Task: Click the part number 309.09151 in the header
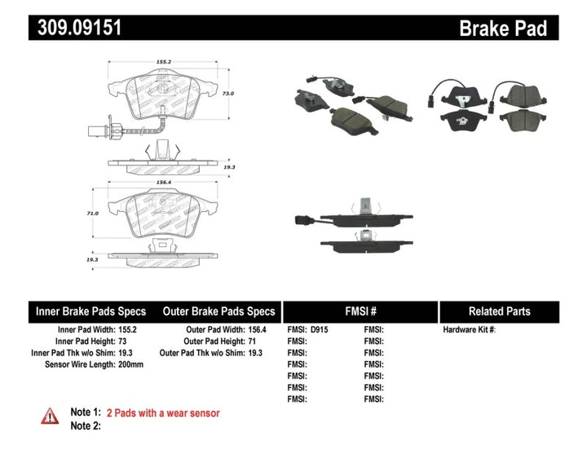click(80, 29)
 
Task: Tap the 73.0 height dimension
click(228, 94)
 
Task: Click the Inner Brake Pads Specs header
click(90, 311)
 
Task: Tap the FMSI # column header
click(360, 311)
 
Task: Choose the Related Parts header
click(499, 311)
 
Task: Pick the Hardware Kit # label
click(469, 330)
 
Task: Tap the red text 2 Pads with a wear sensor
click(169, 413)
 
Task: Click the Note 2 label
click(86, 426)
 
